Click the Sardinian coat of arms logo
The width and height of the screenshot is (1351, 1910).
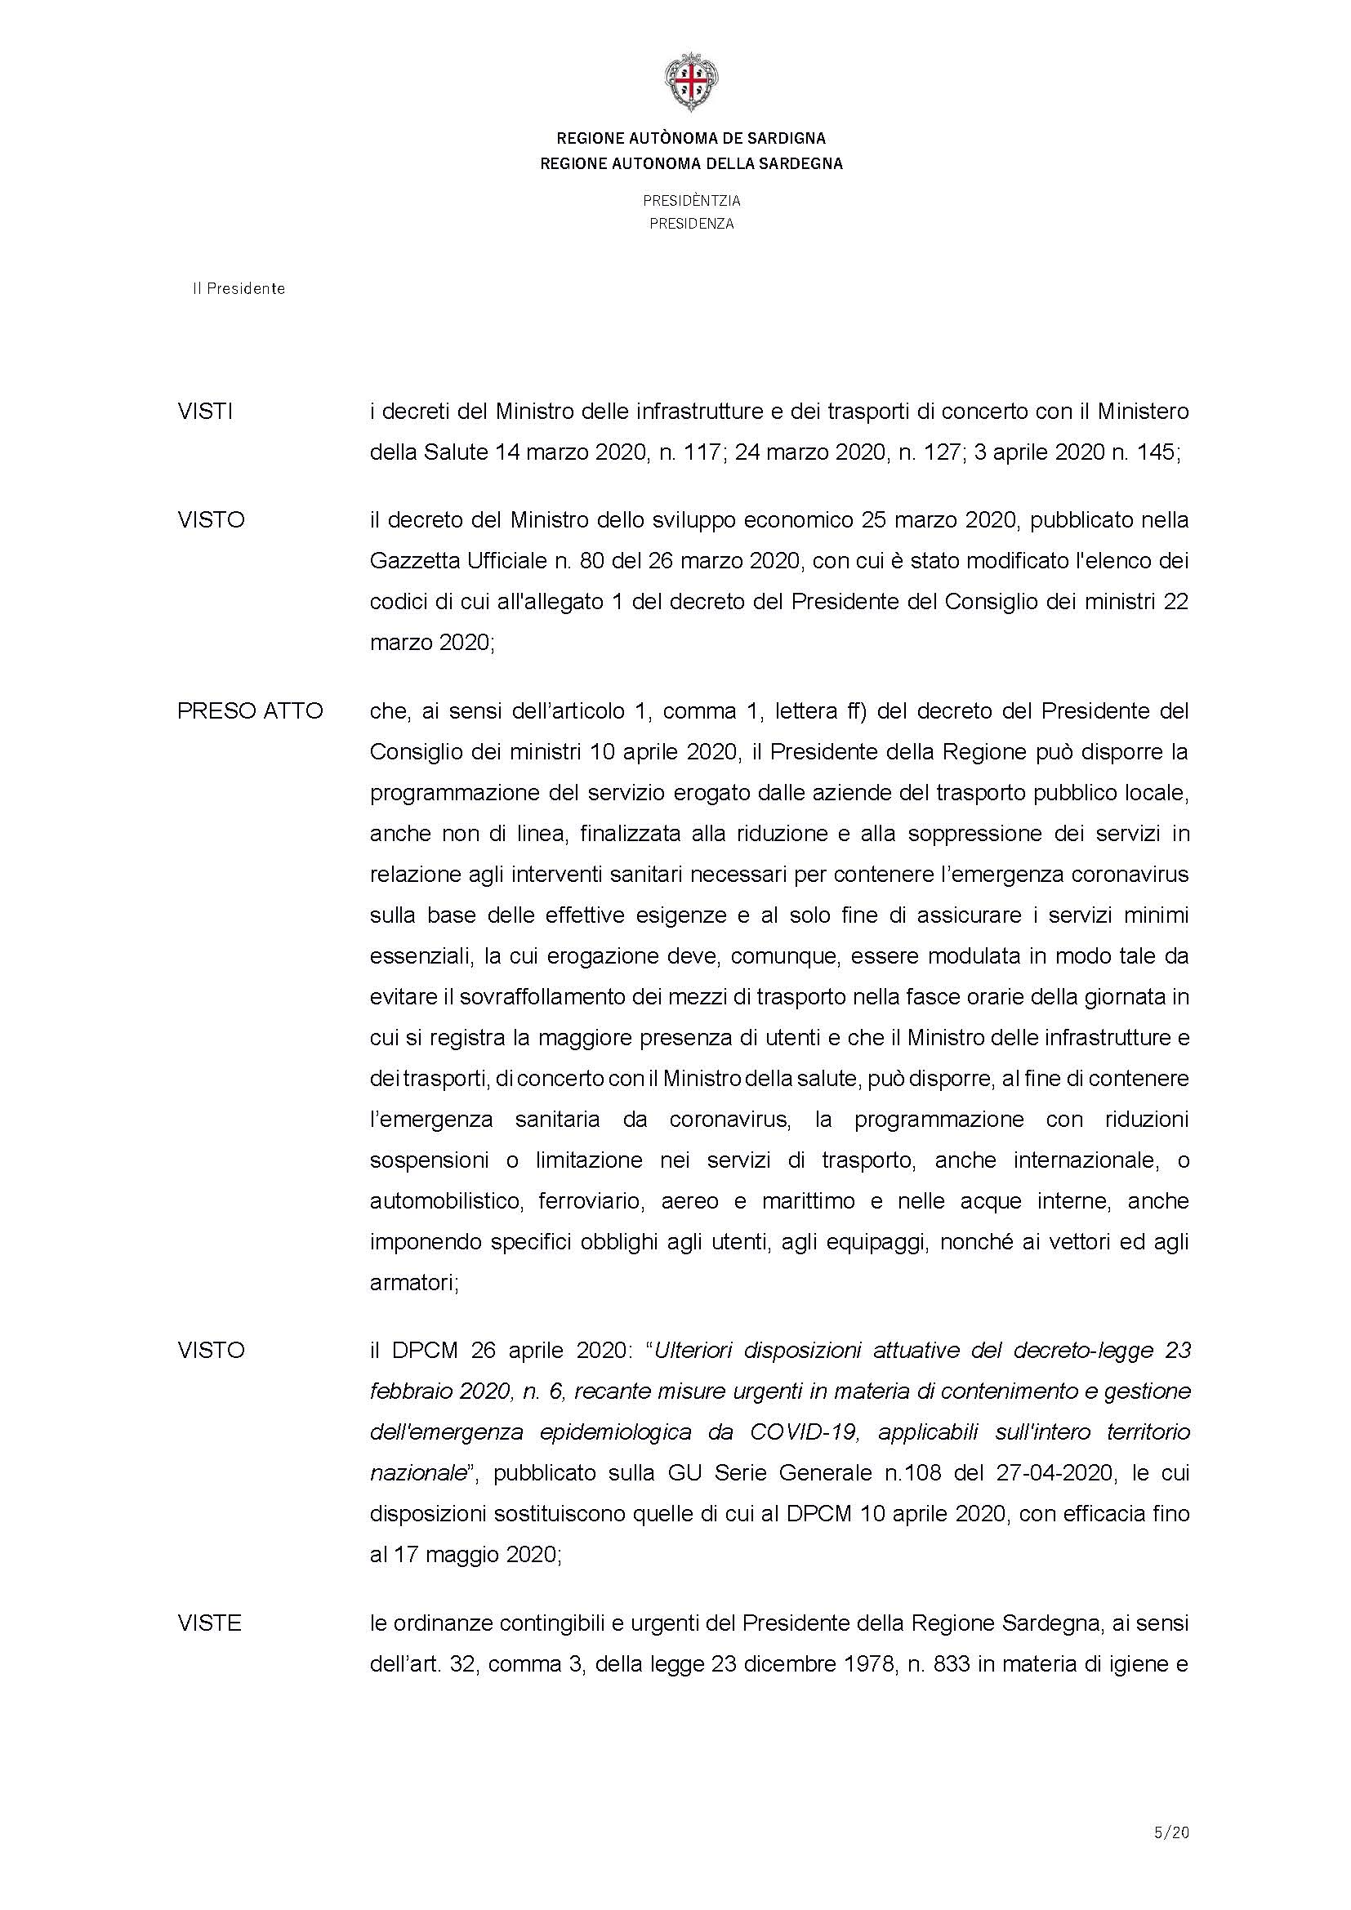click(x=690, y=82)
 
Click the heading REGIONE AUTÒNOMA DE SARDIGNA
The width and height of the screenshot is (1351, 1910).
click(x=690, y=138)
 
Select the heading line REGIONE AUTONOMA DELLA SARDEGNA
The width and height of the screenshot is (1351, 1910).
click(x=690, y=164)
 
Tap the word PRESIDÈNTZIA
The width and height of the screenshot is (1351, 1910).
click(x=690, y=201)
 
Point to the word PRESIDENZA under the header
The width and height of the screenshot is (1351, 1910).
click(x=690, y=224)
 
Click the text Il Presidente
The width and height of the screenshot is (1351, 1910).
click(x=239, y=288)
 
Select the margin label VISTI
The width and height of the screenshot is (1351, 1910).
click(x=205, y=412)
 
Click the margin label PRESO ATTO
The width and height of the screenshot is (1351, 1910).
click(x=250, y=711)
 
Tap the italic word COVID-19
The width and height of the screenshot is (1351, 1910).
click(x=805, y=1432)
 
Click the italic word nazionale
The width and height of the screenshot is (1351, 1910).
click(x=417, y=1473)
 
